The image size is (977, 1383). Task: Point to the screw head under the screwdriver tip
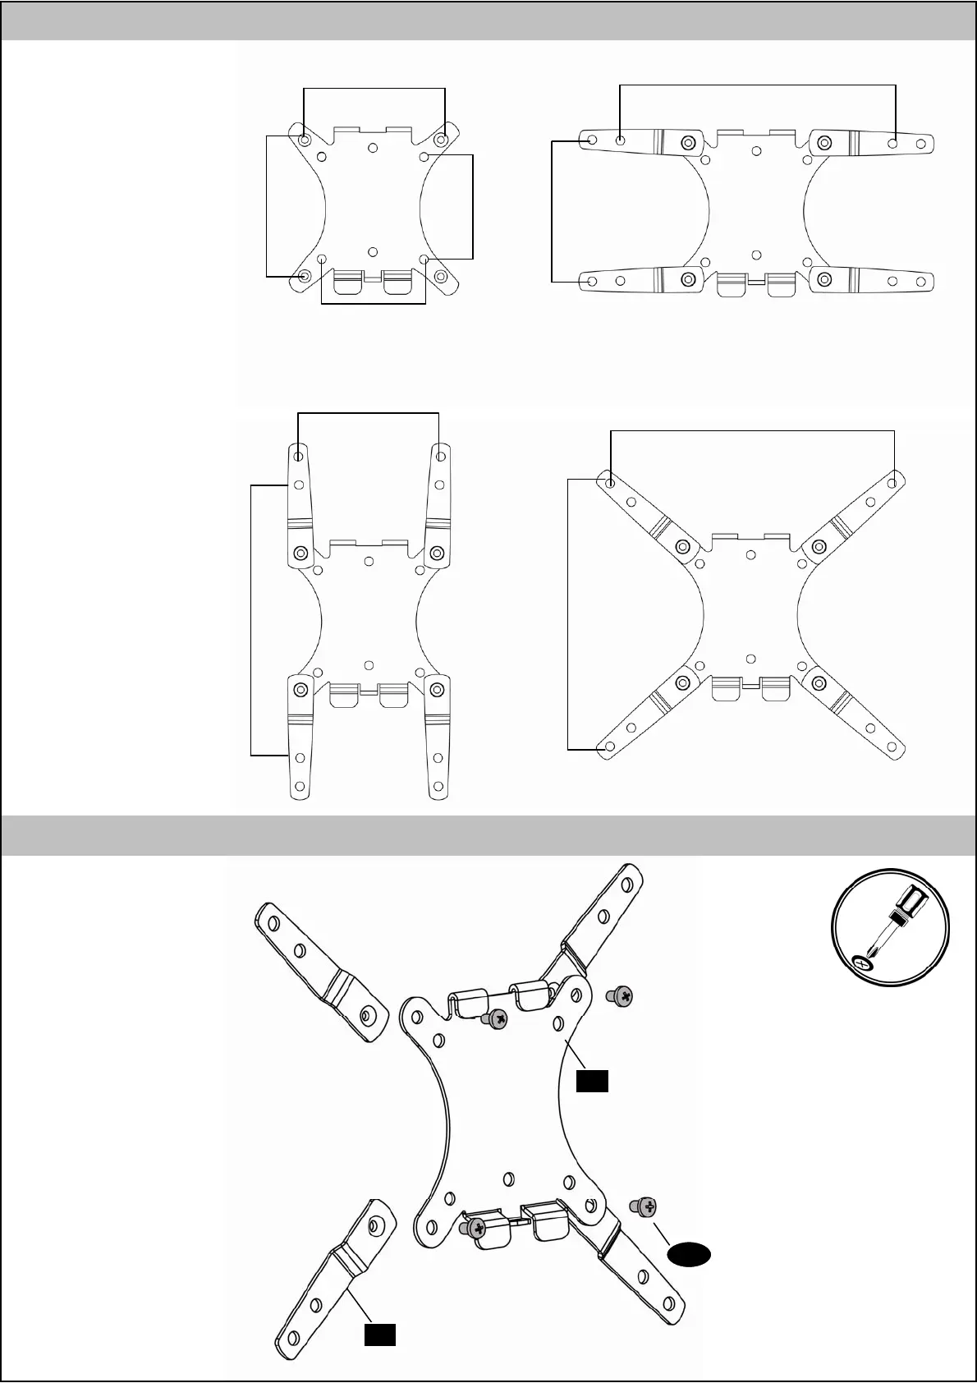[862, 963]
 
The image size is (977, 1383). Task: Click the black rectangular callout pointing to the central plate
[591, 1082]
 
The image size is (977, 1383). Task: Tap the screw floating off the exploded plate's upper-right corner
[622, 997]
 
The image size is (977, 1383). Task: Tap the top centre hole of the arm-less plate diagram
[373, 148]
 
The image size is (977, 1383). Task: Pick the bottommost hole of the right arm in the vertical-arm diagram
[440, 788]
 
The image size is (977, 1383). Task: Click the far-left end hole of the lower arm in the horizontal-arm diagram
[592, 281]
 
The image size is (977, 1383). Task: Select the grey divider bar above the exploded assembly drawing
[488, 835]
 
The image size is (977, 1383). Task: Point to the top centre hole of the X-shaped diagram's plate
[750, 556]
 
